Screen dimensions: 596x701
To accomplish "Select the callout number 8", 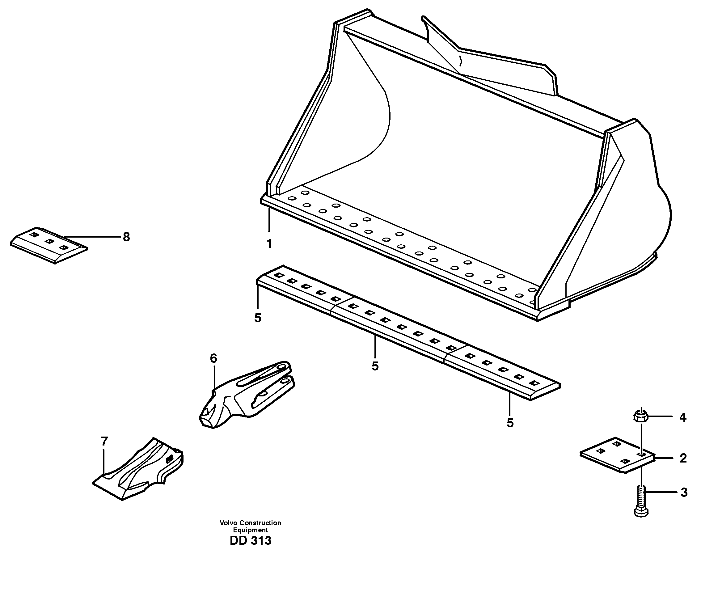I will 126,237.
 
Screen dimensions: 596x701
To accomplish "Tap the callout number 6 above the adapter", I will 213,358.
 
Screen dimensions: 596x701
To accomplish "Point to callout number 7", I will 104,441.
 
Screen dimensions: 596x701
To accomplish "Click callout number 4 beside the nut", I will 683,418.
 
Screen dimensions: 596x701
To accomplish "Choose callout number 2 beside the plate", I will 683,459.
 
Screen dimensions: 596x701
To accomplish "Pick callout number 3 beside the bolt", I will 684,492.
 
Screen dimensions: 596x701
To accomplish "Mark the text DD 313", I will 250,541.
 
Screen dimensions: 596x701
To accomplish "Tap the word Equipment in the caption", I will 250,530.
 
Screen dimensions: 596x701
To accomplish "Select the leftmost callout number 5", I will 258,318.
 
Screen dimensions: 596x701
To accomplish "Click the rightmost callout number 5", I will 510,423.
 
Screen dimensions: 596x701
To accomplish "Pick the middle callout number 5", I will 375,366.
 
